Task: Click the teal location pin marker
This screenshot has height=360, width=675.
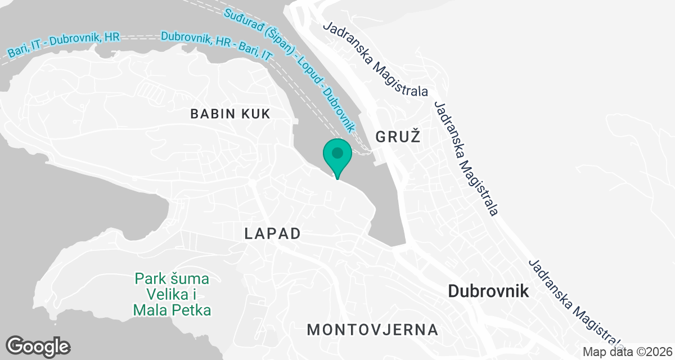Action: [337, 157]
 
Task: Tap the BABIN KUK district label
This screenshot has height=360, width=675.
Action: [230, 114]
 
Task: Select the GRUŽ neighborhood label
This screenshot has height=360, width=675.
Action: [398, 136]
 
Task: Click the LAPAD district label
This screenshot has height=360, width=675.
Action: [272, 234]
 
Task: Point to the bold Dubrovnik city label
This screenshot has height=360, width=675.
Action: [488, 291]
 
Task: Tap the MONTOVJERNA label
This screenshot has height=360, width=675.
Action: [372, 329]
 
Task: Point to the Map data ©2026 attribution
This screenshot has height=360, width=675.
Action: [627, 352]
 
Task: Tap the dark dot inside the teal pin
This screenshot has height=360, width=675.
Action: [337, 152]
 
